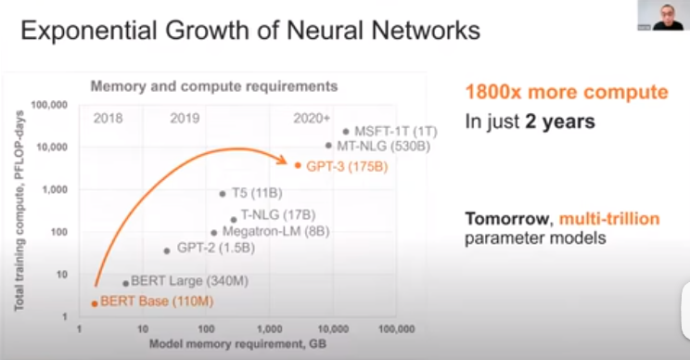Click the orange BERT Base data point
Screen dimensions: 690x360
pyautogui.click(x=95, y=303)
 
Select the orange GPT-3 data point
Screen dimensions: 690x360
pyautogui.click(x=298, y=165)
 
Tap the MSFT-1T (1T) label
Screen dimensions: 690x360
pyautogui.click(x=396, y=131)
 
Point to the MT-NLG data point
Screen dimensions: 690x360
pyautogui.click(x=328, y=146)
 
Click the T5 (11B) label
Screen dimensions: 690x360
pyautogui.click(x=257, y=193)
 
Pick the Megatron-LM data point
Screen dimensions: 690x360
pyautogui.click(x=214, y=233)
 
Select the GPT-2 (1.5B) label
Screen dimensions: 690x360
pyautogui.click(x=215, y=248)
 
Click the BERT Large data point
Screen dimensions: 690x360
pyautogui.click(x=126, y=283)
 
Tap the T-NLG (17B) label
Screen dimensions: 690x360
pyautogui.click(x=278, y=214)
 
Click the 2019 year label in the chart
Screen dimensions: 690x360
pyautogui.click(x=185, y=118)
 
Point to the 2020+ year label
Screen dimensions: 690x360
pyautogui.click(x=312, y=118)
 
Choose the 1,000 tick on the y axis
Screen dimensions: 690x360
pyautogui.click(x=55, y=189)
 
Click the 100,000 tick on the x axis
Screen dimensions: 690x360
pyautogui.click(x=397, y=328)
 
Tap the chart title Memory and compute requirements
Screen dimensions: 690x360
pyautogui.click(x=214, y=86)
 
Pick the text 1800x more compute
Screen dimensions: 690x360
pyautogui.click(x=567, y=92)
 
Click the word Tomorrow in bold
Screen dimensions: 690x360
pyautogui.click(x=507, y=219)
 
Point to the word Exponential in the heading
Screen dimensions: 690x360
pyautogui.click(x=89, y=31)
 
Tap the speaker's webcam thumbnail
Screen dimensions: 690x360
pyautogui.click(x=664, y=16)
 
